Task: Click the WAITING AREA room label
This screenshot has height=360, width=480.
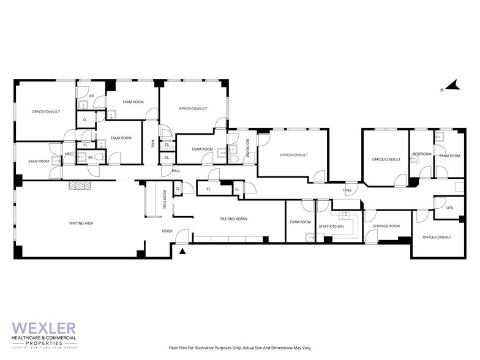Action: (81, 223)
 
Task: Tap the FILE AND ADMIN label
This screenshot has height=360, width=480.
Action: (234, 219)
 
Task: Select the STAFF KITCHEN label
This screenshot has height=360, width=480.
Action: (331, 227)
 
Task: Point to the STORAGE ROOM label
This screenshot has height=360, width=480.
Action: (386, 226)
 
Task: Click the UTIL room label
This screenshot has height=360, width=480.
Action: (450, 208)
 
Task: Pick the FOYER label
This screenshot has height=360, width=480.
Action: (167, 231)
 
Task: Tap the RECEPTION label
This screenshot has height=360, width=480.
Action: (164, 200)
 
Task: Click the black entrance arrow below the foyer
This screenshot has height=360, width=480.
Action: (182, 251)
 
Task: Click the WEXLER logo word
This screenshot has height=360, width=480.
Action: (44, 328)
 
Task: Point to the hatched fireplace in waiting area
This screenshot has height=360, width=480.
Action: (80, 186)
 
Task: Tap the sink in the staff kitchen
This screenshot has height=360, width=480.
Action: (347, 216)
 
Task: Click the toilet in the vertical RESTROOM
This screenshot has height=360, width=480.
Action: (233, 159)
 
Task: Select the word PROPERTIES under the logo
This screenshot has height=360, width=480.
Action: (44, 343)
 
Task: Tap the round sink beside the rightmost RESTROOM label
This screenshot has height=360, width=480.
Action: (414, 159)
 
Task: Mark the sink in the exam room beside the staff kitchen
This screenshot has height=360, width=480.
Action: (310, 238)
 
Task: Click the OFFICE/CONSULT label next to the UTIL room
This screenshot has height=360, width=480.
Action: (437, 238)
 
